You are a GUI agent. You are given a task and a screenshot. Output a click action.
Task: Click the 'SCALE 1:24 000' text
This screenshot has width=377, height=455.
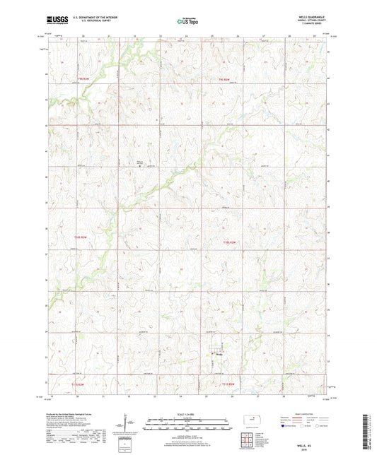click(x=188, y=414)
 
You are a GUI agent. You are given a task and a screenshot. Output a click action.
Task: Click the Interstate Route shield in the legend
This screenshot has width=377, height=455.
click(x=285, y=427)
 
